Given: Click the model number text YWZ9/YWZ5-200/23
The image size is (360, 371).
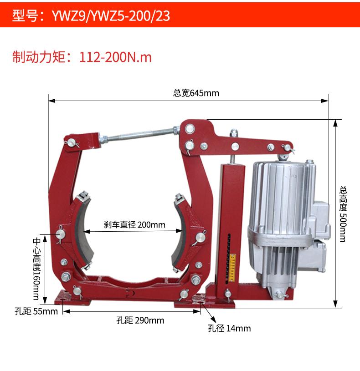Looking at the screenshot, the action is click(111, 16).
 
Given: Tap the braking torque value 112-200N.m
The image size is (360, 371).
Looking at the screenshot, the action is click(115, 57).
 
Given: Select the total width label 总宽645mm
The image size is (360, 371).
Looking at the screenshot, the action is click(196, 93).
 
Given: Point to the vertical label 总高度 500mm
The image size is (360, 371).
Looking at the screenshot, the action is click(343, 214).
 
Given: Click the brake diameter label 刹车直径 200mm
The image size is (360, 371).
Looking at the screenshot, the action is click(134, 224).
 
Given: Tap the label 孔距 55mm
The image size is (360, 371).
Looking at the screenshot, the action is click(36, 311).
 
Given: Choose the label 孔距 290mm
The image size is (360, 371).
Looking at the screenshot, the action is click(140, 320).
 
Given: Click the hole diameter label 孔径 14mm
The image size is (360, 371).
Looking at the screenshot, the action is click(229, 328).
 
